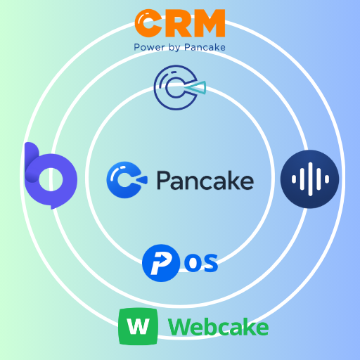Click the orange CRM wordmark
click(x=180, y=24)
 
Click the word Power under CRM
click(x=148, y=47)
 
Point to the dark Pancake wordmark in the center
click(x=204, y=180)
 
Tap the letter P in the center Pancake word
click(x=164, y=180)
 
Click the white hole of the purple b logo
click(x=52, y=179)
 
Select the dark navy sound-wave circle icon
click(x=309, y=179)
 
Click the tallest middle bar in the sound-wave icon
click(x=310, y=179)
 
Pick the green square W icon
click(x=138, y=326)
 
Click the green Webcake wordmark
click(x=218, y=327)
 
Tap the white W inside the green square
click(x=138, y=327)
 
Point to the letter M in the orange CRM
click(x=208, y=24)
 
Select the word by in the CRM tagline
click(x=172, y=48)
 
